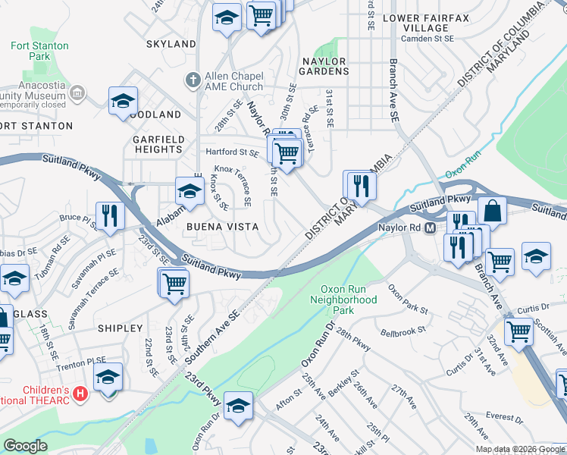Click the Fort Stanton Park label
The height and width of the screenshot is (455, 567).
pos(39,51)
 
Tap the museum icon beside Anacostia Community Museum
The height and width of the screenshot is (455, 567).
pos(77,93)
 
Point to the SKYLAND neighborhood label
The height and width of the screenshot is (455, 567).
pos(171,44)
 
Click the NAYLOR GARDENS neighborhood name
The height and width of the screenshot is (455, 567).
pos(324,66)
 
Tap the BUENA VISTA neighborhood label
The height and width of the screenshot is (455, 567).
pos(223,227)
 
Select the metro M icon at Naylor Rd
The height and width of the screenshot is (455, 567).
pos(429,227)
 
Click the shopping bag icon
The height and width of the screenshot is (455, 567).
pos(492,210)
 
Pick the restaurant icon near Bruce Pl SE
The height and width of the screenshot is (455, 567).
pos(111,215)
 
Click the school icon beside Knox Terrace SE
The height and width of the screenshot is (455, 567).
pos(190,190)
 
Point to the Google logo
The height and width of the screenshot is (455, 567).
pos(25,446)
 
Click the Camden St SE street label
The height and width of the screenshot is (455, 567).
pos(428,38)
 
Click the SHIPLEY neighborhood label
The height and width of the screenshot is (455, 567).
pos(120,328)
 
